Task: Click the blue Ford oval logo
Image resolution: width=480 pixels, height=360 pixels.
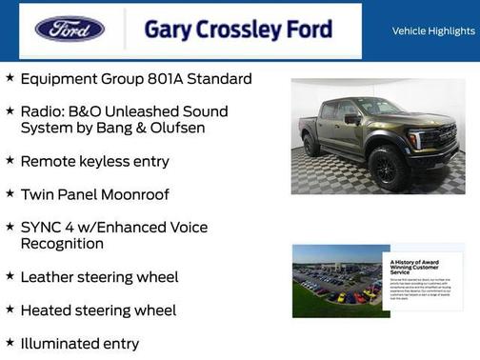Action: pos(70,29)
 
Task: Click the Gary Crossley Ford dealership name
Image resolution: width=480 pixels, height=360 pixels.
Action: pos(238,30)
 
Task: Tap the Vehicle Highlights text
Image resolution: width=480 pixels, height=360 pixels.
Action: pos(433,31)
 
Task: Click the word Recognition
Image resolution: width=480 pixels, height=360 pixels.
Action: pos(62,244)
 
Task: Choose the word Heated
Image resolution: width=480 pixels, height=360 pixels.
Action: pos(47,310)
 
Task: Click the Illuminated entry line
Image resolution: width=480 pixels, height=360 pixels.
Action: pos(79,344)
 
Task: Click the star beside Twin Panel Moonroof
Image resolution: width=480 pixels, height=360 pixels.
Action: pos(10,193)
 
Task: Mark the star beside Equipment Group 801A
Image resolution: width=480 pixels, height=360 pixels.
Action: pos(10,78)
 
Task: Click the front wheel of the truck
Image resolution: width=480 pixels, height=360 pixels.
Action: pos(388,169)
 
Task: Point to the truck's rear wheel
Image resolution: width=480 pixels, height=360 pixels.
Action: pos(311,146)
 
